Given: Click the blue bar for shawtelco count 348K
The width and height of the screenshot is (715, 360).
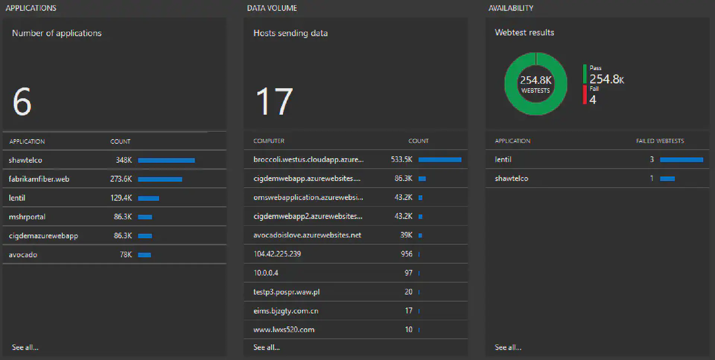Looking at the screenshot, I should point(166,160).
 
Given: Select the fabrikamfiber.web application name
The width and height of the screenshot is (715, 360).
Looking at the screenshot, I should point(39,179).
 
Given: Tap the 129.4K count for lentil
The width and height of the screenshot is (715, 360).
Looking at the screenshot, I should point(121,198).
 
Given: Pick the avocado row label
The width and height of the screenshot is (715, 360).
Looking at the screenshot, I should point(23,255).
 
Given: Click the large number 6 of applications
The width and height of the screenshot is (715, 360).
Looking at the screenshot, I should point(22,101).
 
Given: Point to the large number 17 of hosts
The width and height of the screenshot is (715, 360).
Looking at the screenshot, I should point(274,101).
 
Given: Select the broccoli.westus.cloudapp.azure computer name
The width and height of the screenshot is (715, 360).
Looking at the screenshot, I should point(308,160).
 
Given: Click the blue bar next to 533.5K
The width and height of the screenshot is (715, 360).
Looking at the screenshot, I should point(440,160).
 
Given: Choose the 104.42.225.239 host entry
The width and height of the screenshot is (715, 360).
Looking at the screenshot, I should point(277,254).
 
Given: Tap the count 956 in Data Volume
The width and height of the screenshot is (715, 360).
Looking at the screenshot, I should point(407,254).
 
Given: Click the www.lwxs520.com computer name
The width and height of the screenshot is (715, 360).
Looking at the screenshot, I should point(284,330).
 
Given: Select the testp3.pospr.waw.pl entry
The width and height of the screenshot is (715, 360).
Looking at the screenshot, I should point(286,292).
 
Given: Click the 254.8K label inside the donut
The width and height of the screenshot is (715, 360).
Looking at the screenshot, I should point(536,80).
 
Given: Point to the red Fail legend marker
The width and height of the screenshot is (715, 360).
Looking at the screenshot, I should point(585,95).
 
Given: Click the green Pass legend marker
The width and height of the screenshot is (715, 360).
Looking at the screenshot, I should point(585,74).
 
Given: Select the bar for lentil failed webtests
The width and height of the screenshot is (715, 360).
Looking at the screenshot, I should point(681,160).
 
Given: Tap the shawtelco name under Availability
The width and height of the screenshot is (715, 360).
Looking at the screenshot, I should point(511,178).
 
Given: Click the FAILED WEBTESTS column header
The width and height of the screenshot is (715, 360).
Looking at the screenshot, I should point(660,141).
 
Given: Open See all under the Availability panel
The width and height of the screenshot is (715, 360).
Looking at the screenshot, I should point(508,347).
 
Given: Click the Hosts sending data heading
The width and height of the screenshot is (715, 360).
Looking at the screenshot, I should point(290,33).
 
